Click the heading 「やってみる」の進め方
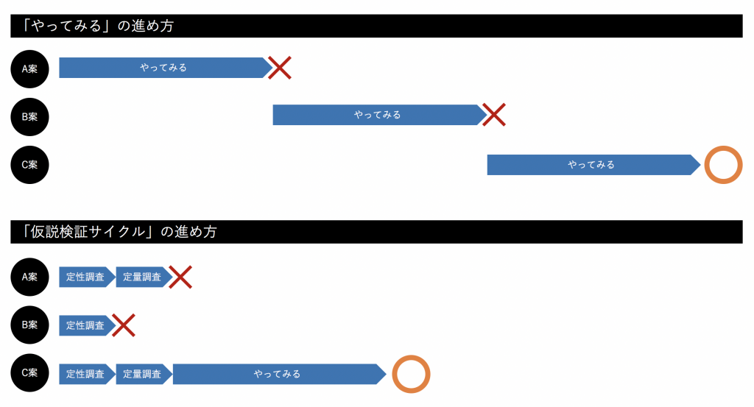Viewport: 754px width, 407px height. pos(99,26)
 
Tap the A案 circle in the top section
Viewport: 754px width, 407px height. pos(29,68)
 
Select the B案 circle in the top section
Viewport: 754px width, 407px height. pos(29,116)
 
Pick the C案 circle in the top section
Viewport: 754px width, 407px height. pos(29,165)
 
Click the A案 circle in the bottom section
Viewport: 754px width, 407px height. pos(29,277)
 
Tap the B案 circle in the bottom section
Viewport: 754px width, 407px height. pos(29,325)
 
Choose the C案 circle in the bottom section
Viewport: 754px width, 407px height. pos(29,373)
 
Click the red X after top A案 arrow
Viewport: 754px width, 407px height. pos(280,68)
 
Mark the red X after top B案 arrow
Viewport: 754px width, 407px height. pos(494,115)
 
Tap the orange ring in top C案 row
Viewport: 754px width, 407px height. pos(723,165)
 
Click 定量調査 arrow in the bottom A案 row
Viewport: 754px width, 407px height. pos(143,277)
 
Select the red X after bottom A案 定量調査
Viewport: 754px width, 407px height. pos(180,277)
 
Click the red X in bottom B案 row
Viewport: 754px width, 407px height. pos(124,325)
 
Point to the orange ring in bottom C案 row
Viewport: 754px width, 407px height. pos(411,374)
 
